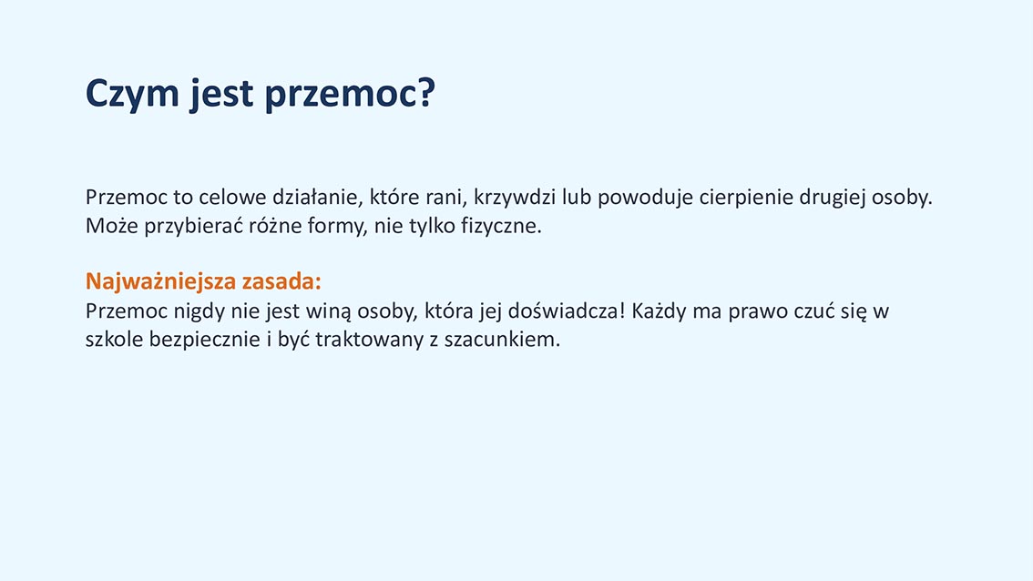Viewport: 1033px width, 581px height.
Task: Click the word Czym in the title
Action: [132, 93]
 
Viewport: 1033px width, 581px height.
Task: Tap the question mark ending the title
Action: [426, 92]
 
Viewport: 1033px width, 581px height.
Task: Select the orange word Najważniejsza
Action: [160, 282]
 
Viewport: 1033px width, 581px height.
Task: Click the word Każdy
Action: [659, 311]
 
